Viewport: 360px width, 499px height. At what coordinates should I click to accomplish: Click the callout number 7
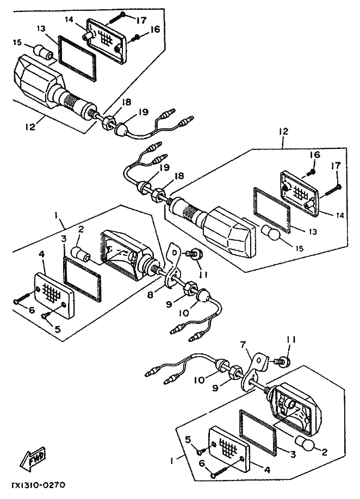point(243,344)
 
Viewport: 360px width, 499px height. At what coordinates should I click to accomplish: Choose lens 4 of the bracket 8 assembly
point(53,293)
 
